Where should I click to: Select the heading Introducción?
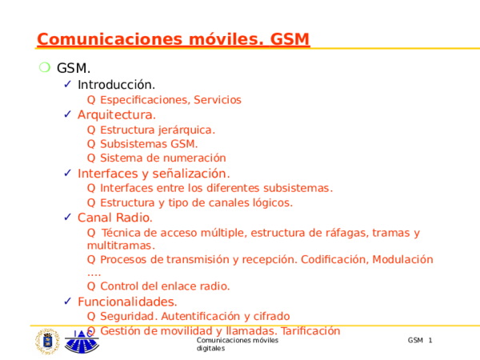tap(116, 85)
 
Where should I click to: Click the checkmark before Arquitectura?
tap(68, 114)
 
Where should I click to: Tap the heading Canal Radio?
tap(114, 218)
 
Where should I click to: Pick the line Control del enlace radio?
tap(165, 286)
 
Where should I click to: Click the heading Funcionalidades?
tap(127, 302)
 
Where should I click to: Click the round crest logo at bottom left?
tap(47, 342)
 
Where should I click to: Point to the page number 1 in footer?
tap(430, 342)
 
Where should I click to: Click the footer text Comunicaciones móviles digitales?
tap(237, 346)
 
